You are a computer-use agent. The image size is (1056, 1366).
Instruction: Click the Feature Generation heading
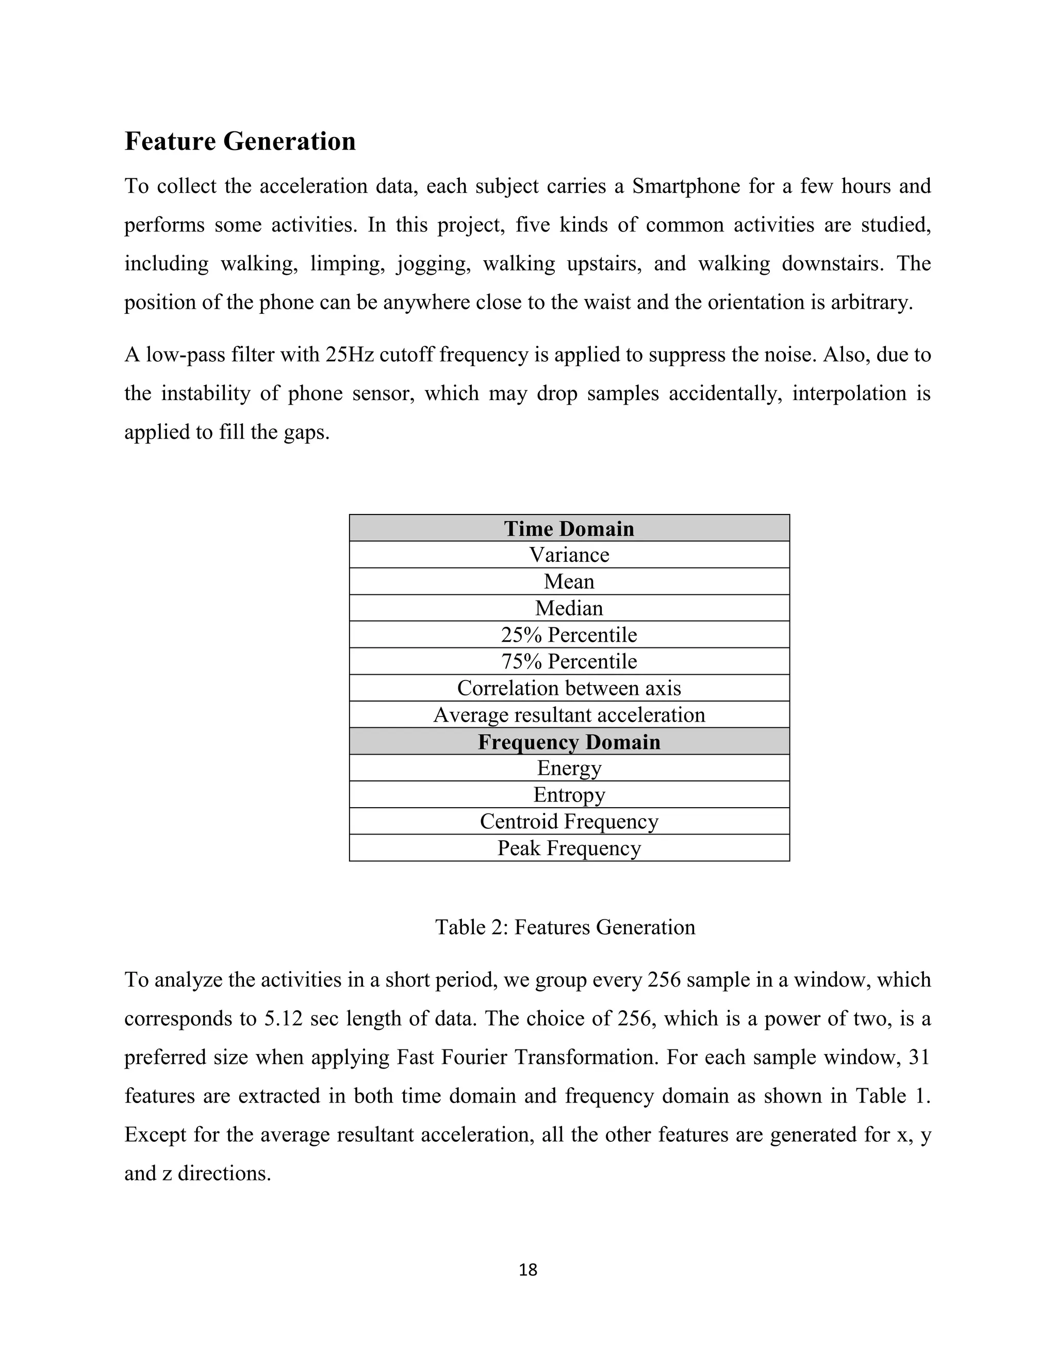(240, 141)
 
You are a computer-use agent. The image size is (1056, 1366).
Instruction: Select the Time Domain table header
(569, 528)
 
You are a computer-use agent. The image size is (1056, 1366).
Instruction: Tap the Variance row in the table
(569, 555)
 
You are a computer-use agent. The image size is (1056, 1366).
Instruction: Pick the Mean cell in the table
(569, 581)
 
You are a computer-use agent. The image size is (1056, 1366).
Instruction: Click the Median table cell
(569, 608)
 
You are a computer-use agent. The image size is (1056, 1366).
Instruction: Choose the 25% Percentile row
(569, 635)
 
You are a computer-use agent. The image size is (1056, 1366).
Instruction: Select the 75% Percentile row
(569, 661)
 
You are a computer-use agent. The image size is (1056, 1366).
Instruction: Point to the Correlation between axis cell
(569, 688)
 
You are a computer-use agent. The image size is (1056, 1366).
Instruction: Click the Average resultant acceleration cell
(569, 715)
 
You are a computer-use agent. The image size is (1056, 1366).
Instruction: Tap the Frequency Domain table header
(569, 742)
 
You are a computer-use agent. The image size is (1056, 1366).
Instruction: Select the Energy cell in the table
(569, 768)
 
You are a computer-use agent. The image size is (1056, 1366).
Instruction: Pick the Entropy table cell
(569, 795)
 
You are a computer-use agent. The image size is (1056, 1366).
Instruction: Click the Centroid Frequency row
(569, 821)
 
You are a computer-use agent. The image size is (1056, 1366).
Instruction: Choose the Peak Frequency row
(569, 848)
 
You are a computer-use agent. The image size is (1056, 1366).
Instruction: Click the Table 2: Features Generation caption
(565, 927)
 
